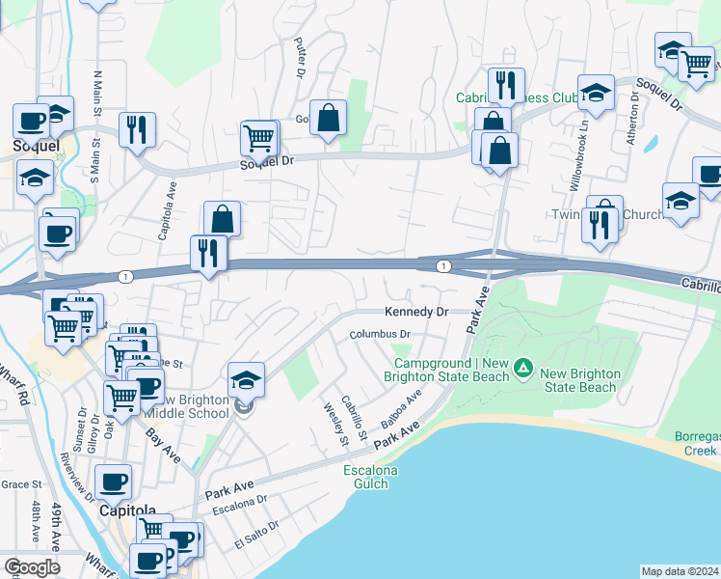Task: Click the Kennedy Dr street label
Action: (x=416, y=313)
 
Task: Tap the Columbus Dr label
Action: (x=380, y=335)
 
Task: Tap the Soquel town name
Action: (x=36, y=146)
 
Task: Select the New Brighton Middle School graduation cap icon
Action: (x=247, y=381)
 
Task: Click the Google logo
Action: (x=32, y=567)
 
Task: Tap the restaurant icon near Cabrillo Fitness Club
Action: (x=505, y=85)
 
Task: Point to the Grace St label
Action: (x=21, y=484)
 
